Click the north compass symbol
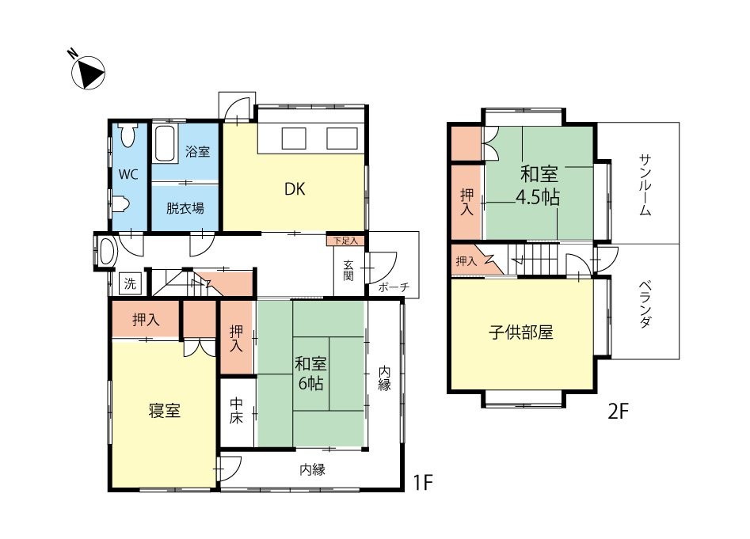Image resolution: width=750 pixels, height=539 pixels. [88, 73]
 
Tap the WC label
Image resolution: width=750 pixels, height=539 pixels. [128, 175]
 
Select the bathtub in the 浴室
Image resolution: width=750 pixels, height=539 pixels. [164, 144]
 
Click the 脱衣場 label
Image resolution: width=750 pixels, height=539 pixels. [185, 208]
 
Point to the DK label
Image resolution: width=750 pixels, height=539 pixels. [295, 189]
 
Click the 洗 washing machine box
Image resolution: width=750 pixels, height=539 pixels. [130, 284]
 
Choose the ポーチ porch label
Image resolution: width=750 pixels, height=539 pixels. [394, 287]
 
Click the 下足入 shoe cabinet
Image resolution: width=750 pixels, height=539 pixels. [345, 241]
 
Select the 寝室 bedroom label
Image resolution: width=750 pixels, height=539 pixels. [164, 411]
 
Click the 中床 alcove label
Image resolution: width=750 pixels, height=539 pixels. [236, 411]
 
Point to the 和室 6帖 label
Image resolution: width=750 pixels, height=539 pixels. [311, 374]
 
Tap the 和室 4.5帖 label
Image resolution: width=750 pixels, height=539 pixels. [539, 186]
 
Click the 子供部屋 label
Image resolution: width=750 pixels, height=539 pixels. [521, 332]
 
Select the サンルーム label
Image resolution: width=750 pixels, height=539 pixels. [645, 185]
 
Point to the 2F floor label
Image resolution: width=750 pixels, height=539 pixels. [618, 412]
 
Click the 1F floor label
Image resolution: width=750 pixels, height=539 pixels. [422, 483]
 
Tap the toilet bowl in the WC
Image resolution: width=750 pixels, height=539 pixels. [128, 135]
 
